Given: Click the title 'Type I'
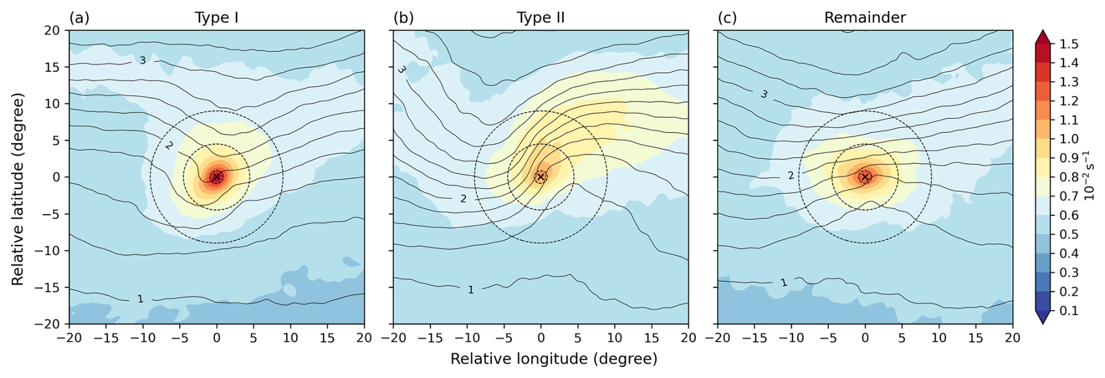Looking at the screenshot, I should pos(216,17).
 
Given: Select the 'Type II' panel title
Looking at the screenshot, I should pos(540,17).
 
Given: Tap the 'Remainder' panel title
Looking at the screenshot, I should pos(864,17).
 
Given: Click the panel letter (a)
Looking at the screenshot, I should pos(79,17).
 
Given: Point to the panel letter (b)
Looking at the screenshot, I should pos(404,17).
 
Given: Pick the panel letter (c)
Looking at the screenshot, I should pos(727,17).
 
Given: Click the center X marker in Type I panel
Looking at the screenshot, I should pos(217,177).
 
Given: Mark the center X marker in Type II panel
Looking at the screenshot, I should pos(541,177).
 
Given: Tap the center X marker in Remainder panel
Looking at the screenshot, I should pos(865,177).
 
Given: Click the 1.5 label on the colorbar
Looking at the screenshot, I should pos(1069,44).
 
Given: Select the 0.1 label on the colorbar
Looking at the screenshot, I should pos(1069,310).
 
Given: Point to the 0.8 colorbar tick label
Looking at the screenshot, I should pos(1069,177).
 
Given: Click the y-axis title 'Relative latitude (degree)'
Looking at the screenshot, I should pos(18,189).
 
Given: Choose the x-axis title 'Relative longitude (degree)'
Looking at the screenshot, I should pos(554,359).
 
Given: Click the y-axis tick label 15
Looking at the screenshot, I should pos(53,67).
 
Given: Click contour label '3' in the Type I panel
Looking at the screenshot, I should pos(143,60).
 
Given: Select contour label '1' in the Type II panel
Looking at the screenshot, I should pos(471,289).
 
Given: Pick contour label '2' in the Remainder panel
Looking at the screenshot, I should pos(791,175).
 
